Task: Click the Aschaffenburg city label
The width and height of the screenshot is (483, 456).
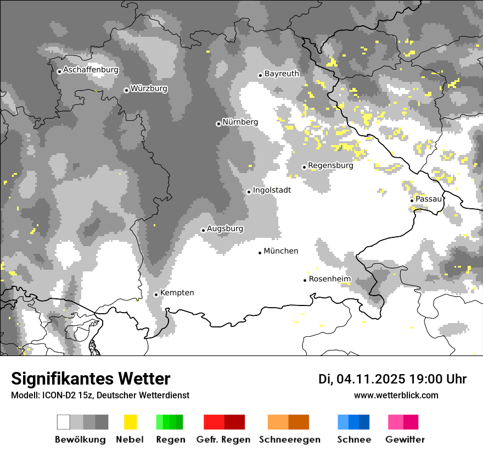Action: point(91,70)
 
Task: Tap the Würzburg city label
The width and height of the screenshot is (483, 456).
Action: point(149,88)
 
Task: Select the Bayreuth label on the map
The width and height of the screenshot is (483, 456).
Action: point(282,74)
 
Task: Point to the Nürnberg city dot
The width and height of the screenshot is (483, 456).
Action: point(218,124)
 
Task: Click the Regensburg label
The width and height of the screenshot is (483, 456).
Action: point(330,165)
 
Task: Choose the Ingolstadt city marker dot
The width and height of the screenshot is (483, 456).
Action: point(249,192)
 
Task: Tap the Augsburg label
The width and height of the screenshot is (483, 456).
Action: point(225,229)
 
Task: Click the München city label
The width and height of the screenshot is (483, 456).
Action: point(281,251)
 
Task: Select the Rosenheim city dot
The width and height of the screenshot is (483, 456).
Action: point(305,280)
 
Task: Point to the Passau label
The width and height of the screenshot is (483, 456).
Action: point(428,199)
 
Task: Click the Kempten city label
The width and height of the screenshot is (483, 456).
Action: point(177,293)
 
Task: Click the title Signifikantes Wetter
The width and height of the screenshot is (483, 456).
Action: point(91,379)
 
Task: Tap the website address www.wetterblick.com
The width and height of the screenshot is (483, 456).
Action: point(396,395)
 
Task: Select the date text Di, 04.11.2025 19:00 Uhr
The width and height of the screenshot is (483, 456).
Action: point(392,379)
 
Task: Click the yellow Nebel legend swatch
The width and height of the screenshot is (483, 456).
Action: point(130,422)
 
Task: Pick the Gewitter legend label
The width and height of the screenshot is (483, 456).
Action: point(405,440)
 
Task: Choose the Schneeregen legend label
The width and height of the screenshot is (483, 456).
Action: point(289,440)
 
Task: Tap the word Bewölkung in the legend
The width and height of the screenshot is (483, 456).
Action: point(80,440)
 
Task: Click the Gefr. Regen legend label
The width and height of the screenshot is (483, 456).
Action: point(223,440)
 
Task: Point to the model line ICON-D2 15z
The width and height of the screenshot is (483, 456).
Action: point(100,396)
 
